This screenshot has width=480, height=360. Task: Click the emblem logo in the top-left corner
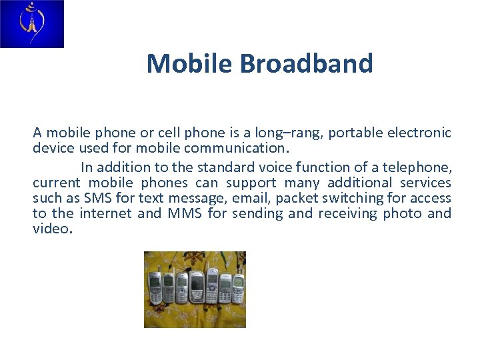pyautogui.click(x=31, y=24)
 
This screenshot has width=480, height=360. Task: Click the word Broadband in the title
pyautogui.click(x=306, y=64)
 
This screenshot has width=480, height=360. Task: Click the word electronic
pyautogui.click(x=425, y=133)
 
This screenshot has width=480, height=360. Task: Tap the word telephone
pyautogui.click(x=420, y=167)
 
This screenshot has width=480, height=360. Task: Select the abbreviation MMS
pyautogui.click(x=185, y=213)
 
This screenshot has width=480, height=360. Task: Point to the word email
pyautogui.click(x=250, y=198)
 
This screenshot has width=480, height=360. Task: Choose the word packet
pyautogui.click(x=295, y=198)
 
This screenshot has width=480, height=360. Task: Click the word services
pyautogui.click(x=425, y=183)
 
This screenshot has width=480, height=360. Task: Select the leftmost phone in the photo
pyautogui.click(x=154, y=287)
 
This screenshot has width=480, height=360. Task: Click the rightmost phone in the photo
pyautogui.click(x=238, y=288)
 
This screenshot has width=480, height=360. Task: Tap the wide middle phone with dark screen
pyautogui.click(x=197, y=288)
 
